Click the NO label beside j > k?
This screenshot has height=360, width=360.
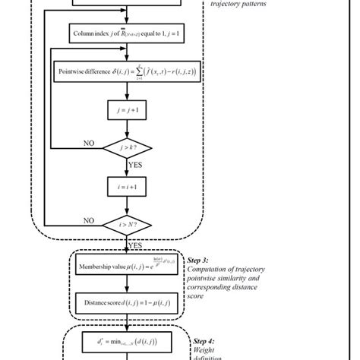pyautogui.click(x=89, y=141)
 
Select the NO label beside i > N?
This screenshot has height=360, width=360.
pyautogui.click(x=89, y=221)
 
